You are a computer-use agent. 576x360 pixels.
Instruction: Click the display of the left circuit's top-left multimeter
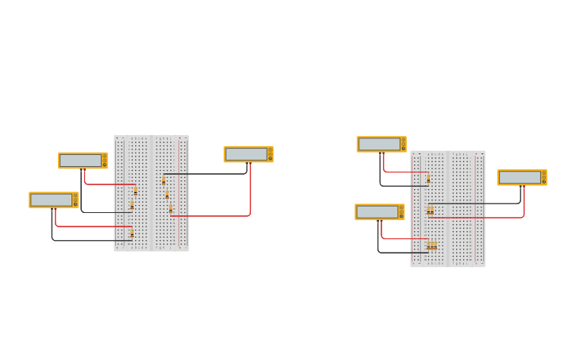(81, 161)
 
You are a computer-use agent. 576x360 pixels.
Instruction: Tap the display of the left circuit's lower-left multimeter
(52, 200)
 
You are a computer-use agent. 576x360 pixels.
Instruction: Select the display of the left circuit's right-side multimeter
(246, 154)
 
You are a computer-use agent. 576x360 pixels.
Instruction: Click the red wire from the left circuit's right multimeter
(249, 195)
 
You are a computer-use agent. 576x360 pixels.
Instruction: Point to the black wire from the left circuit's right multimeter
(207, 173)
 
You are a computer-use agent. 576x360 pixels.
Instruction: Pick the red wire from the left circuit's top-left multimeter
(107, 184)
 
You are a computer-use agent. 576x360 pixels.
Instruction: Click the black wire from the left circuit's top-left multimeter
(103, 212)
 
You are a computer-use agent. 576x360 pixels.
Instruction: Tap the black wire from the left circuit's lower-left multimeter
(87, 241)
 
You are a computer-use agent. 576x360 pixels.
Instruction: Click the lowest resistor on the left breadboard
(132, 234)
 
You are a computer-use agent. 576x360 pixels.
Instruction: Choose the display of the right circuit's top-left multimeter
(380, 144)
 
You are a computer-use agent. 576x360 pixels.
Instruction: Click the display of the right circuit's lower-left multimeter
(377, 212)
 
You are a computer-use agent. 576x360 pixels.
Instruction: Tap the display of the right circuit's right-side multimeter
(520, 177)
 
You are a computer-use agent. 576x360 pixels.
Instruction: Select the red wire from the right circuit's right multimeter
(493, 217)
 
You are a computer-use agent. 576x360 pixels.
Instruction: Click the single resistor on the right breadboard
(428, 180)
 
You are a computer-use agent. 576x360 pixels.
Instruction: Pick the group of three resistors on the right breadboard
(431, 246)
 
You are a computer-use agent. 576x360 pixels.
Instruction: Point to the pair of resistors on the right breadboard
(430, 211)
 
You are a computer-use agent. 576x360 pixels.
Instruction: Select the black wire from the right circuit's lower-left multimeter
(397, 253)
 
